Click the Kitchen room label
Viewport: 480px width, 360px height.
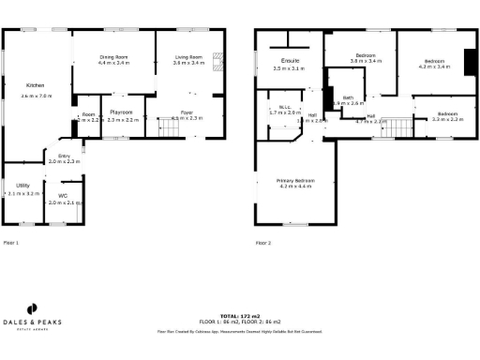(36, 86)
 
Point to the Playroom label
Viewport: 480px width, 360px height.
(123, 112)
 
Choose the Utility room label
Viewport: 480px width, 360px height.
(22, 186)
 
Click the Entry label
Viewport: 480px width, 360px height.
(64, 156)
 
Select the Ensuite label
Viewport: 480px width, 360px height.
(288, 62)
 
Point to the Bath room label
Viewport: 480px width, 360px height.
(348, 97)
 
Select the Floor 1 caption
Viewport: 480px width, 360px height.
(11, 243)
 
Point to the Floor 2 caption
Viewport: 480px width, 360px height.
(263, 243)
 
